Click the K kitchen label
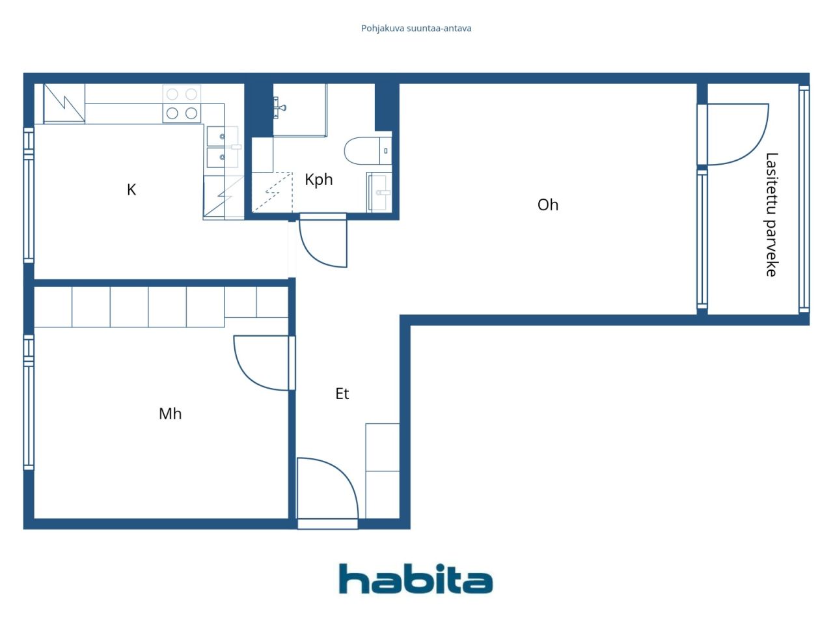click(131, 189)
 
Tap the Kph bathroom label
click(319, 180)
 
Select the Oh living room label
click(547, 205)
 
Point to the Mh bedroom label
click(170, 413)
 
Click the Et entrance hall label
click(342, 393)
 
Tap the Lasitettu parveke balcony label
click(772, 215)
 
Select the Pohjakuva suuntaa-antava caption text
click(416, 29)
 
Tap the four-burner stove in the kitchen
click(182, 104)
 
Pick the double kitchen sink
click(223, 147)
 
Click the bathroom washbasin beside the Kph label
click(379, 192)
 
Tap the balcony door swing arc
click(754, 150)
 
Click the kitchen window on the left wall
click(29, 195)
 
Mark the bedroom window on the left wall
click(29, 402)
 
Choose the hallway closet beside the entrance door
click(382, 471)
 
